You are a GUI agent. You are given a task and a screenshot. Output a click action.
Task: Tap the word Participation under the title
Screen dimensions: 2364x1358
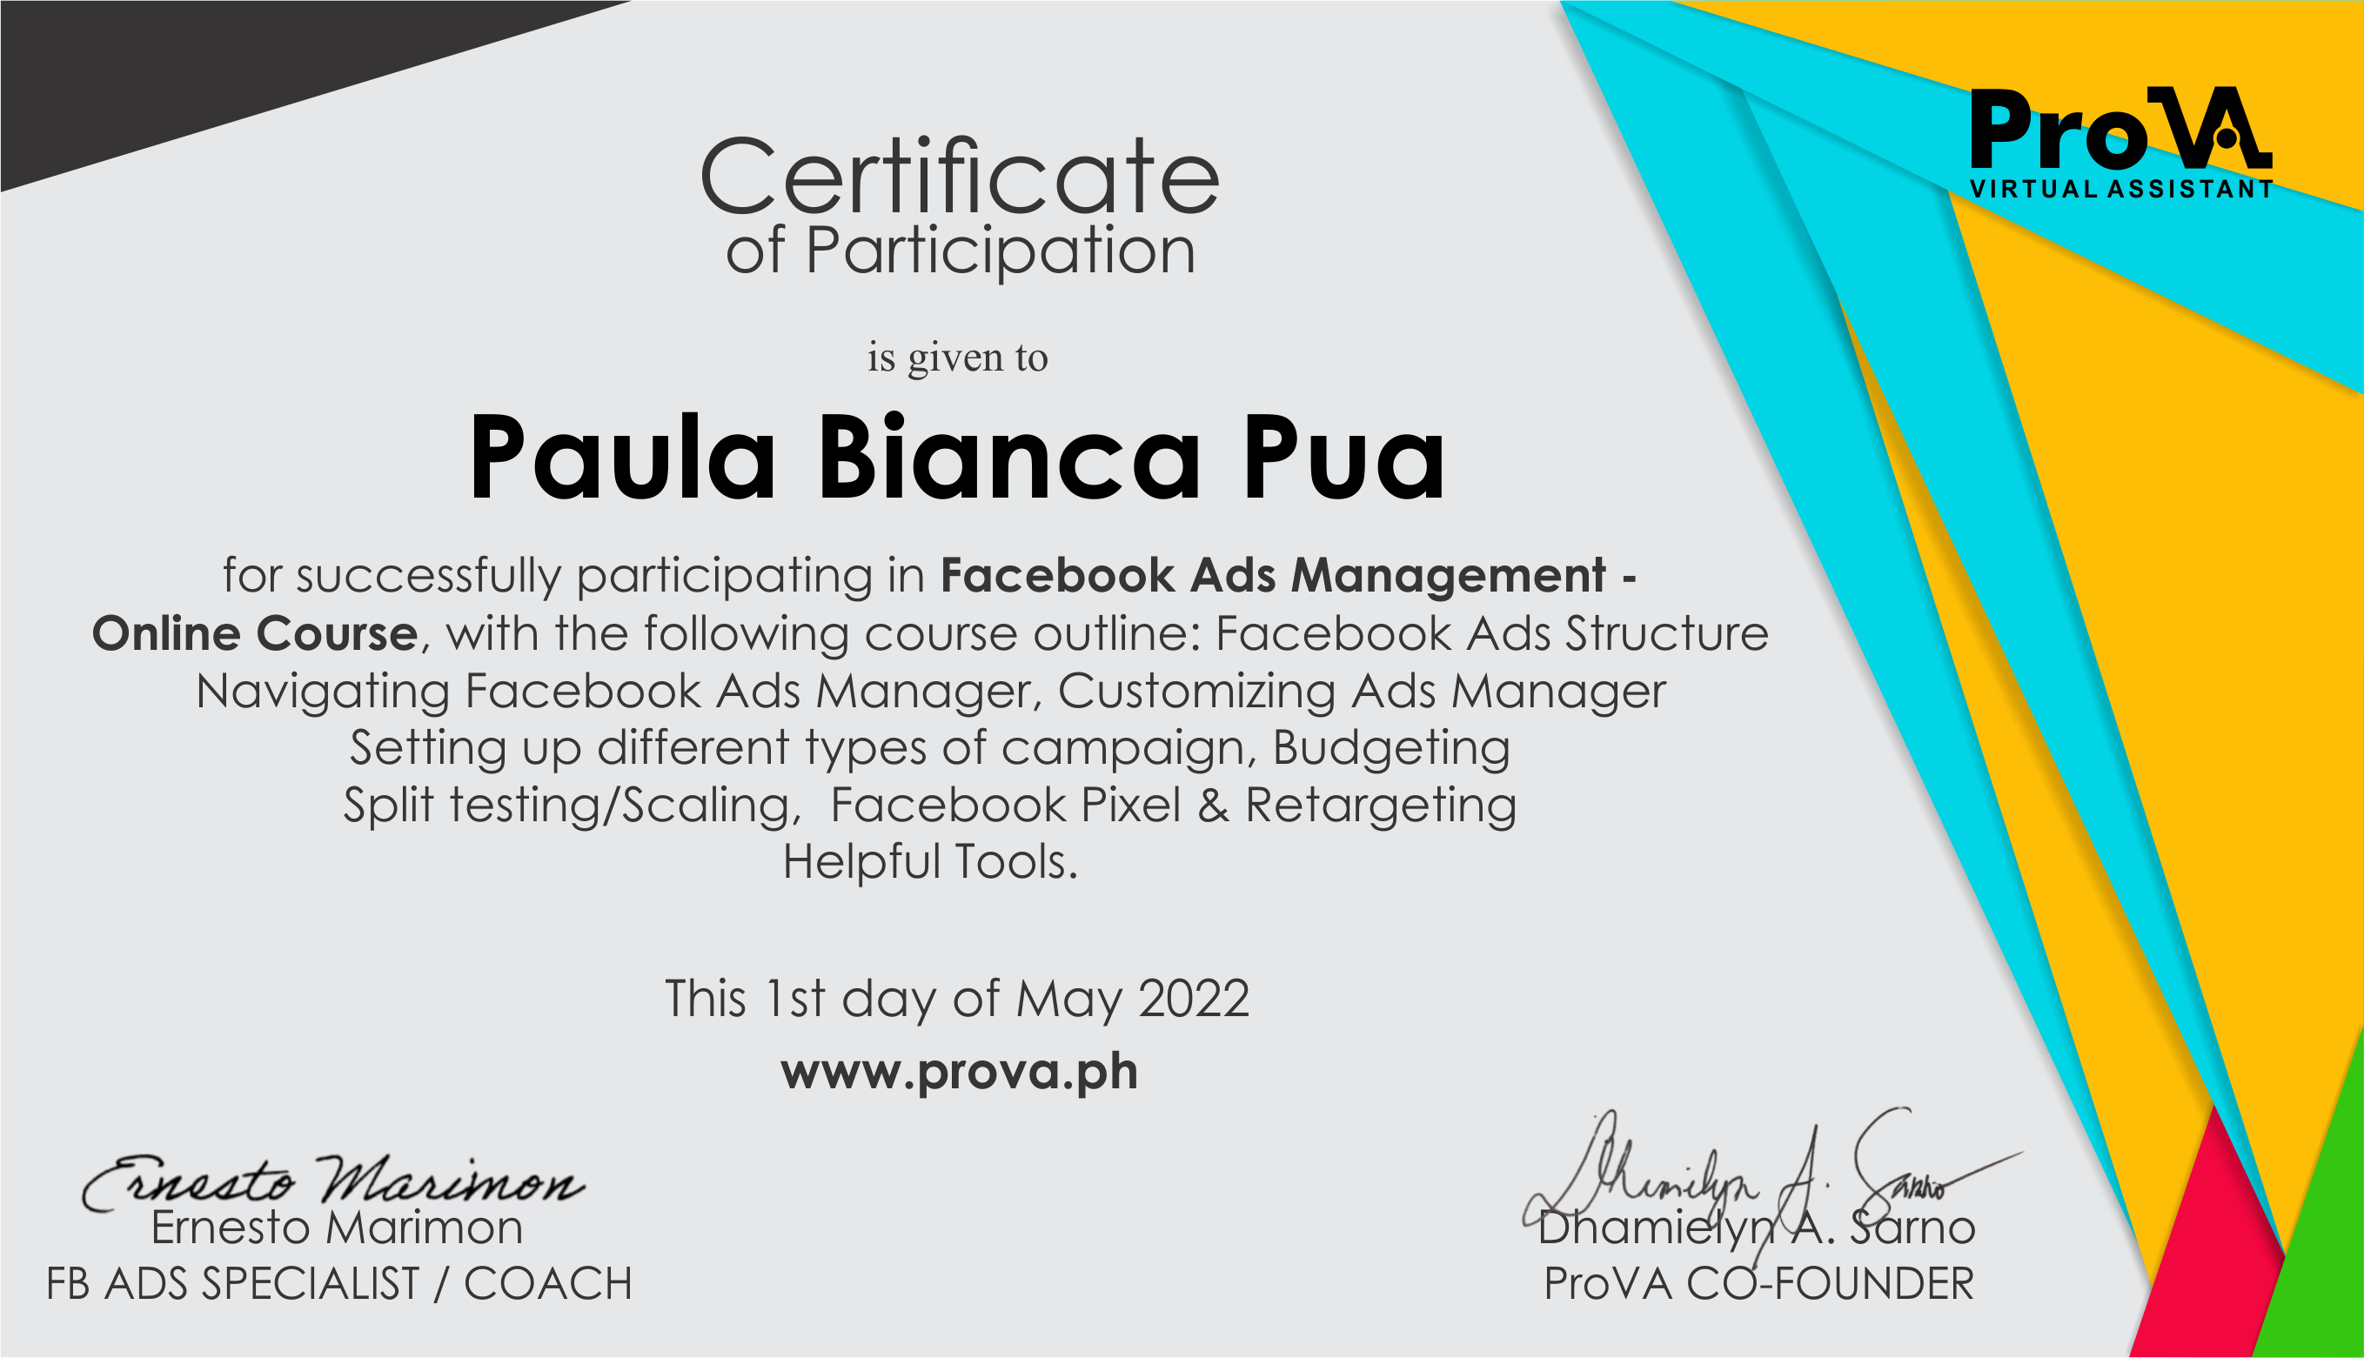click(x=1001, y=251)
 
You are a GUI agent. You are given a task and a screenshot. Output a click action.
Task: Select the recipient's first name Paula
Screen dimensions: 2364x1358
click(x=623, y=458)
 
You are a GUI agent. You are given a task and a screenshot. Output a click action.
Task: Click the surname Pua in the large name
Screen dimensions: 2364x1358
click(x=1343, y=458)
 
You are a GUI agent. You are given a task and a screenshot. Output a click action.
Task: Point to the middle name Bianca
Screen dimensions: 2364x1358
click(x=1010, y=456)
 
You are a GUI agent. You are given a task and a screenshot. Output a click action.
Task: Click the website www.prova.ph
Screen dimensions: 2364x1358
click(x=960, y=1073)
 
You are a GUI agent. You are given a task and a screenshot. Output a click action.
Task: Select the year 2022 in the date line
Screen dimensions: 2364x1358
click(x=1194, y=999)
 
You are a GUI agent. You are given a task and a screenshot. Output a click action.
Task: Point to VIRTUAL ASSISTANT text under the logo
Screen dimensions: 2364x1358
click(x=2120, y=190)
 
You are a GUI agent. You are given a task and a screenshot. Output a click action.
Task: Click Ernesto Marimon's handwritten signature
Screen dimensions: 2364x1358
click(x=333, y=1181)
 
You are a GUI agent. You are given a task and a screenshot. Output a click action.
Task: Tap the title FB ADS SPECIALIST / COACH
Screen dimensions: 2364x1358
click(x=339, y=1284)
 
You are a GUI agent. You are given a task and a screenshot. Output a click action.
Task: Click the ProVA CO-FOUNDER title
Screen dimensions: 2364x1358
click(x=1758, y=1284)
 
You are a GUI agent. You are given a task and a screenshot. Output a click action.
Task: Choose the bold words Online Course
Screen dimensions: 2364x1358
click(x=255, y=634)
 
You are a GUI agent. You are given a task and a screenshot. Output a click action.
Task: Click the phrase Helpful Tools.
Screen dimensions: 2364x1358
click(x=930, y=862)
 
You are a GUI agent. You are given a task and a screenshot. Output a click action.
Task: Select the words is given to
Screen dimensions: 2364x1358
click(x=958, y=358)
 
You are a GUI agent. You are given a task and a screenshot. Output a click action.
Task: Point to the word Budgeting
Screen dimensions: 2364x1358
click(x=1391, y=749)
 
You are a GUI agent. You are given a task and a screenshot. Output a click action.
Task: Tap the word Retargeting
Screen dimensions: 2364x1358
click(x=1381, y=806)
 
